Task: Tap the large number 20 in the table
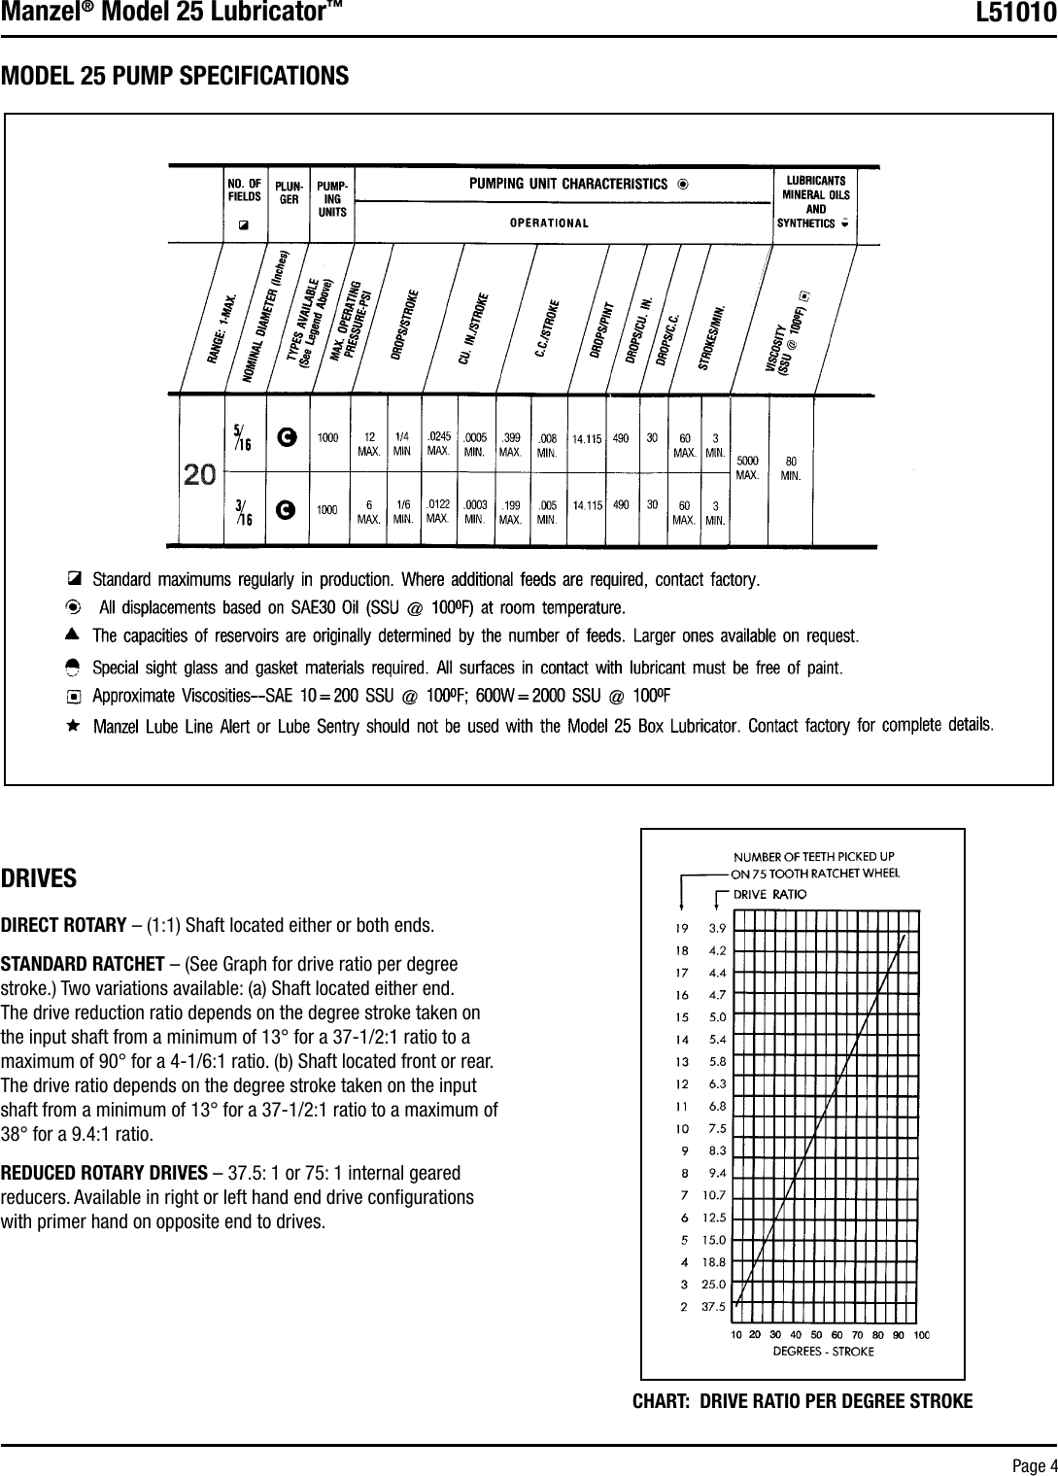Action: coord(200,475)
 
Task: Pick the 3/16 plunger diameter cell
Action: coord(244,511)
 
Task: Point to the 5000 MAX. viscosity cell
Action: coord(748,466)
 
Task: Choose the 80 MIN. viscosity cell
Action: coord(792,466)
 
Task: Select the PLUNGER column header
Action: coord(289,190)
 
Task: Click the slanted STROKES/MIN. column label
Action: coord(720,338)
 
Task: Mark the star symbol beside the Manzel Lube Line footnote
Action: coord(72,726)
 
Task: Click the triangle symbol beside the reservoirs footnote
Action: coord(72,635)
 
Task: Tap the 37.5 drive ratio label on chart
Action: coord(713,1307)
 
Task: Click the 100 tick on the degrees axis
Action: coord(920,1335)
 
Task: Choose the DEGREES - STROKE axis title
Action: coord(822,1351)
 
